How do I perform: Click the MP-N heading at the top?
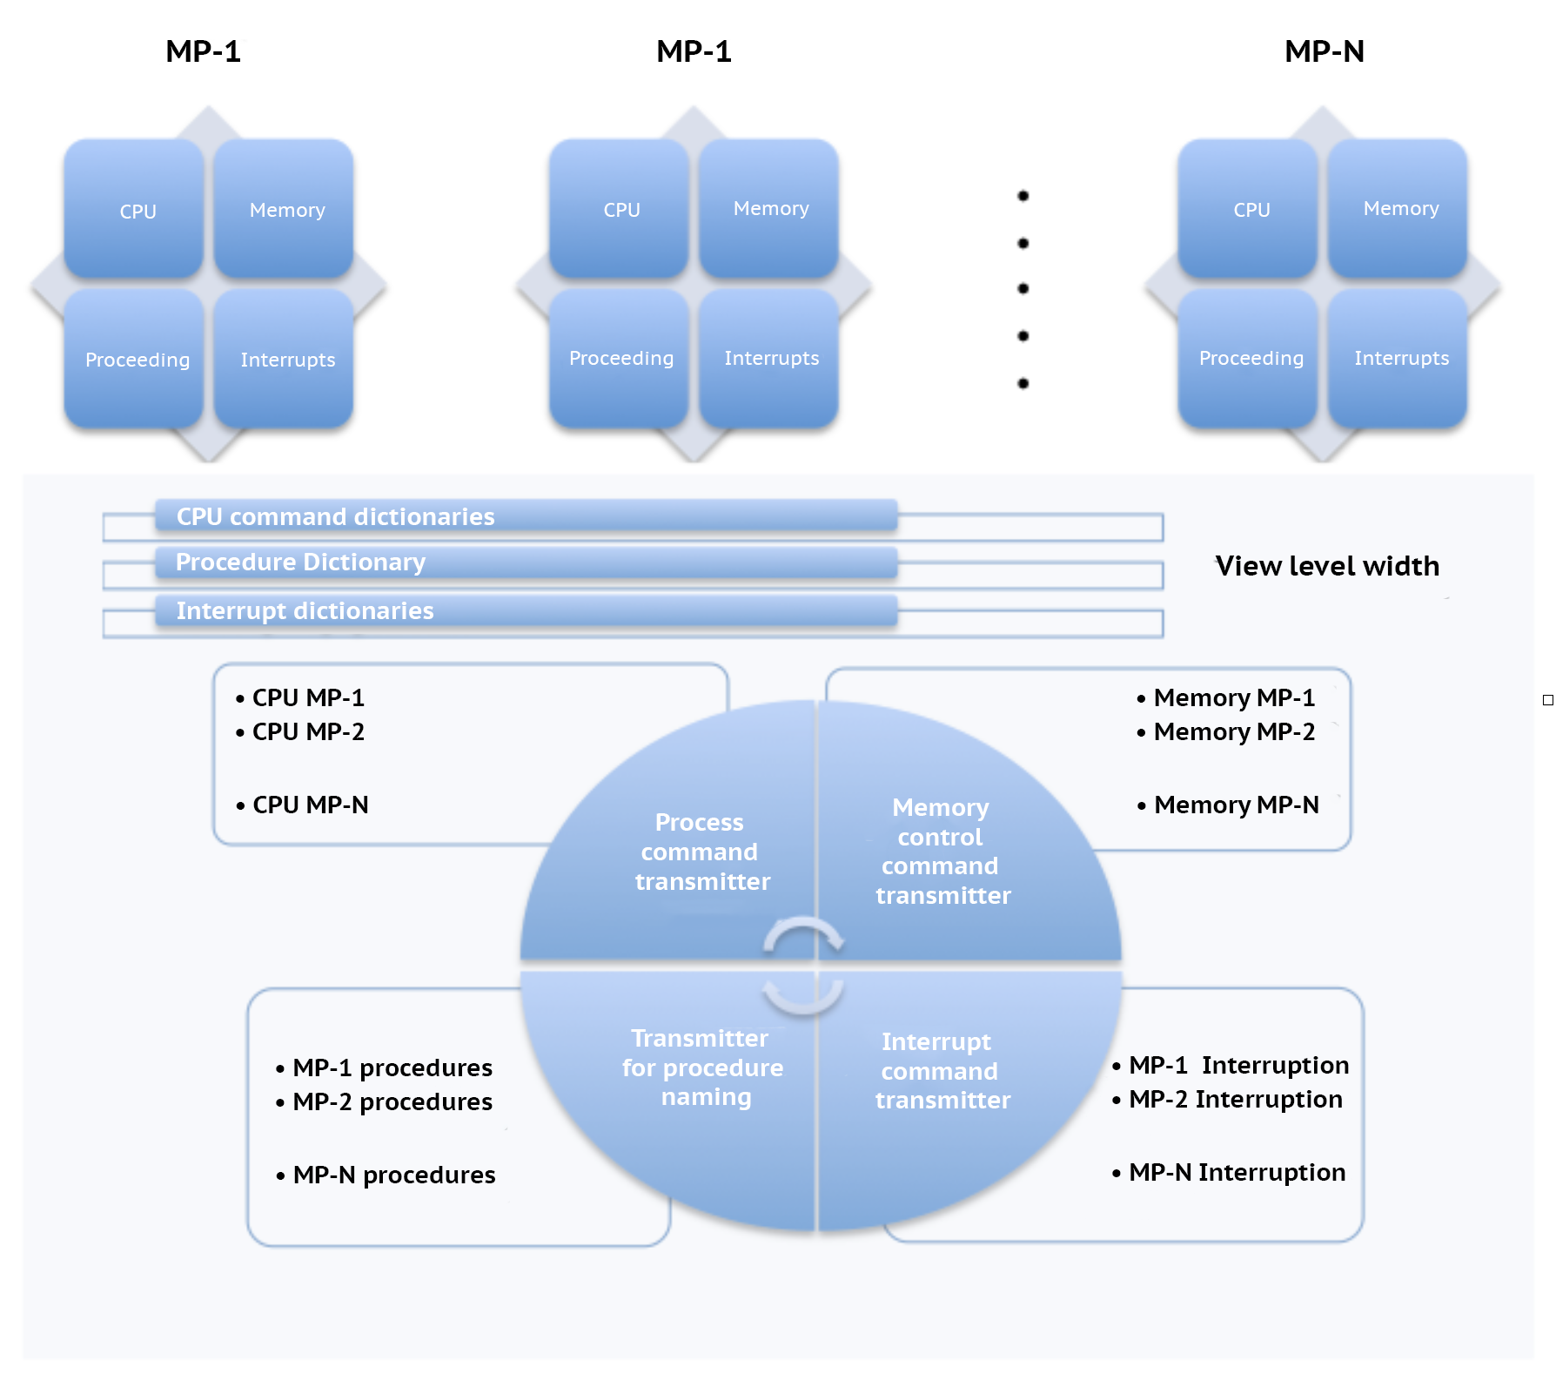(x=1324, y=51)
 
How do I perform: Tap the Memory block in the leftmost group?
(x=285, y=209)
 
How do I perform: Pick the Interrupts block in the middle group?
(x=769, y=358)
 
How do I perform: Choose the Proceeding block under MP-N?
(x=1249, y=358)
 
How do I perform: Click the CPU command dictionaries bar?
(x=526, y=516)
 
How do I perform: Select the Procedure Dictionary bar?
(x=526, y=562)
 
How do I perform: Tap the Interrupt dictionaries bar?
(x=526, y=610)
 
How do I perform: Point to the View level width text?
(x=1327, y=566)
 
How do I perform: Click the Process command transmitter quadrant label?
(x=701, y=852)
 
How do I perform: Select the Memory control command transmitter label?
(x=942, y=851)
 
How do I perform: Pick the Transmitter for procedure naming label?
(x=702, y=1068)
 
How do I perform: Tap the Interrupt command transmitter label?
(x=942, y=1070)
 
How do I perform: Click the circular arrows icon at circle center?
(x=803, y=966)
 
